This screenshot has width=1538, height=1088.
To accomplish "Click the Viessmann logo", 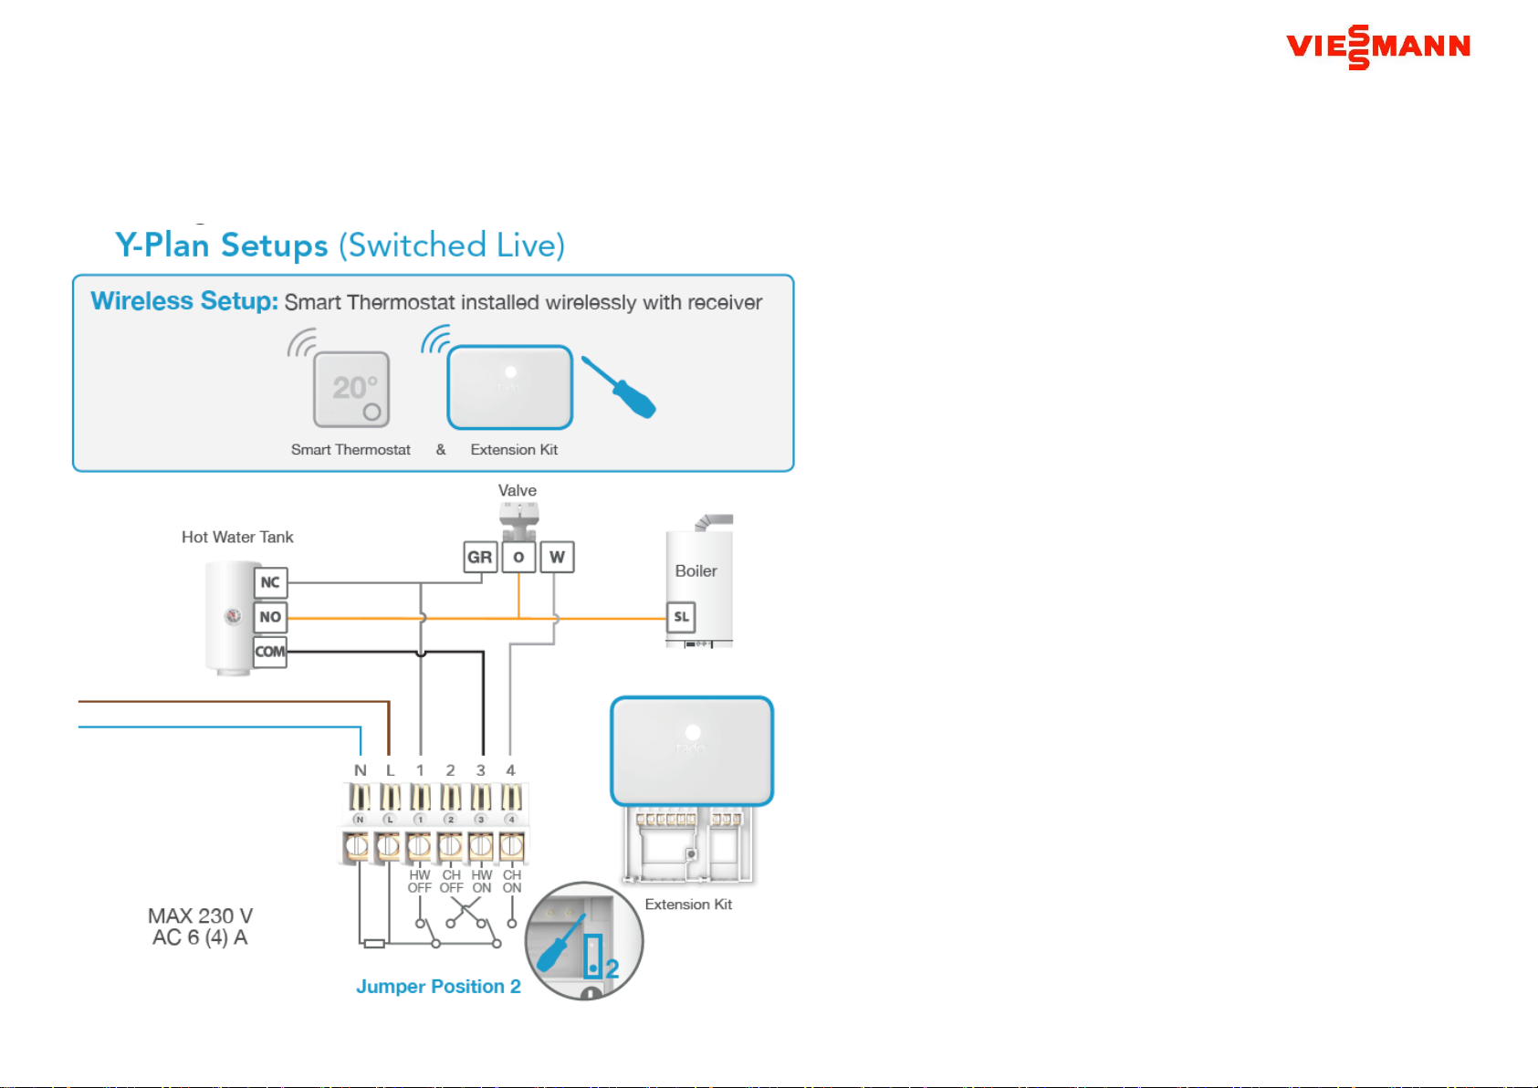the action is click(1378, 47).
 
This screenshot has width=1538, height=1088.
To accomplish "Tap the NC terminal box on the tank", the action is click(270, 582).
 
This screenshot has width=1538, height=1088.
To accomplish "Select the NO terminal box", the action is click(270, 616).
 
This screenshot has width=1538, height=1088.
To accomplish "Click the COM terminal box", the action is click(270, 652).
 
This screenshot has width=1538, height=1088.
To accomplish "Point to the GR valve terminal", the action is click(480, 557).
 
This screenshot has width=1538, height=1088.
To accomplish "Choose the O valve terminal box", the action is click(518, 557).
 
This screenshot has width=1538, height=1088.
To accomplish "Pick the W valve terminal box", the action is click(557, 557).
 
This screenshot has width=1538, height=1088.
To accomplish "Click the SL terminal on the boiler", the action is click(681, 616).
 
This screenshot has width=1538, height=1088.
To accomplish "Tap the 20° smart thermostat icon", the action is click(351, 389).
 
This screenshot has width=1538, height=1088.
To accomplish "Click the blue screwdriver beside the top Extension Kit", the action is click(619, 387).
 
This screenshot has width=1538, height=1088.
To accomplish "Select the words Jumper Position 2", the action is click(438, 987).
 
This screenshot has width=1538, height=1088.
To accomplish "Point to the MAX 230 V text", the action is click(201, 915).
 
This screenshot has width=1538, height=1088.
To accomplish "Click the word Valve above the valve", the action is click(517, 490).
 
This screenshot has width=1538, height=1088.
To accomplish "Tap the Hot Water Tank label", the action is click(237, 537).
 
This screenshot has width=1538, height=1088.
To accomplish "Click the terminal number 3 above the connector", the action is click(481, 770).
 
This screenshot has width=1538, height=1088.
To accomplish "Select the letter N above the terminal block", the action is click(361, 770).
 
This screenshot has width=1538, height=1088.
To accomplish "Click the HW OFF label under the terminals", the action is click(420, 882).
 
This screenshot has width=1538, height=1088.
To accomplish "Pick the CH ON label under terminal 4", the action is click(512, 882).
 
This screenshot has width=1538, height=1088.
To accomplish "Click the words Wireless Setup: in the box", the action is click(184, 301).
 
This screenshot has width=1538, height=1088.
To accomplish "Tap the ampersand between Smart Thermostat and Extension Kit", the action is click(441, 450).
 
